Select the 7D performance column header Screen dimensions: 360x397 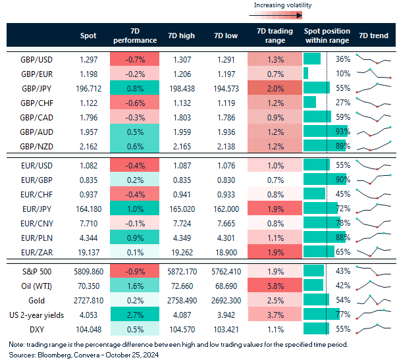[x=135, y=36]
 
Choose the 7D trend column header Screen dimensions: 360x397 [x=373, y=36]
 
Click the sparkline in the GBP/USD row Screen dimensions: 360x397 [x=373, y=59]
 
